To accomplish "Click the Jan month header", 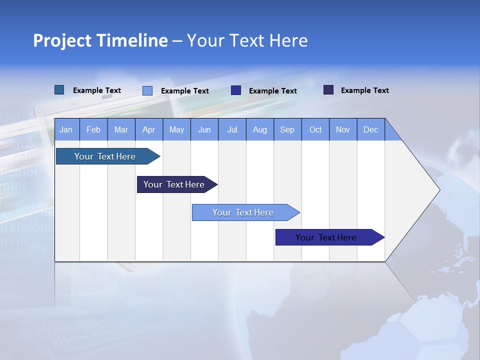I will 66,130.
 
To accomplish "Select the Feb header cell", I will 93,130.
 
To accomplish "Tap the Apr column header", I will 149,130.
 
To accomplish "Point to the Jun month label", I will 204,130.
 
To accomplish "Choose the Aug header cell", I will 260,130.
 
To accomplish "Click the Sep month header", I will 287,130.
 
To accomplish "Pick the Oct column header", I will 315,130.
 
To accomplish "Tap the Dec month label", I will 371,130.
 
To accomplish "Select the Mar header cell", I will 121,130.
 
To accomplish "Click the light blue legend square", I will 147,90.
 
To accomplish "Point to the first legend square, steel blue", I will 59,90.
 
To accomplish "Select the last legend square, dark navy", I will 328,90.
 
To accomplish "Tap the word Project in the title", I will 61,40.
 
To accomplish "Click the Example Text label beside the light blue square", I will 185,91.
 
